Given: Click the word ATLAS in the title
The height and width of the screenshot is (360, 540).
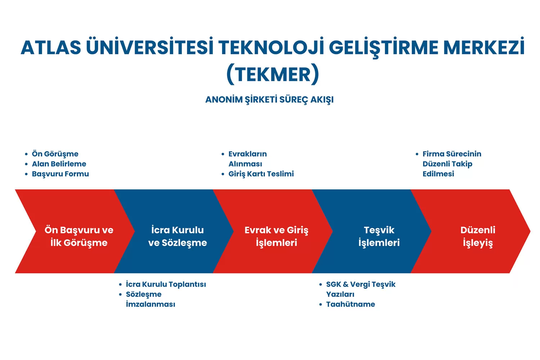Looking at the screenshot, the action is [51, 47].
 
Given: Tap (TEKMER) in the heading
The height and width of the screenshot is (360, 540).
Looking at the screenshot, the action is [273, 74].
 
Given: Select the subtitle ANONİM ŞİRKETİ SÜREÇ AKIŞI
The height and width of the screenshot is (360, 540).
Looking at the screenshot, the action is [269, 100].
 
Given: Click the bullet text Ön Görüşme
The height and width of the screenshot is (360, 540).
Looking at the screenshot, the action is [55, 154].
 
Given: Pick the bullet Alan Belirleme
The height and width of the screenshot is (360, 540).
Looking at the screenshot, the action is [59, 164].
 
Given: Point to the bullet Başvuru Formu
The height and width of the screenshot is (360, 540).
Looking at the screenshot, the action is [60, 174].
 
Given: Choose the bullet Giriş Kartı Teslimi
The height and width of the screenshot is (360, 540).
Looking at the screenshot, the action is [261, 174].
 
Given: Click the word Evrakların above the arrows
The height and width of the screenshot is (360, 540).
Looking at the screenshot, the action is [248, 154].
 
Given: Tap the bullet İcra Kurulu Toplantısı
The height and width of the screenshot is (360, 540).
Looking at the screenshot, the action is [166, 284].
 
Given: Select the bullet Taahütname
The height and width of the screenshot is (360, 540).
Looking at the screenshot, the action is [351, 304].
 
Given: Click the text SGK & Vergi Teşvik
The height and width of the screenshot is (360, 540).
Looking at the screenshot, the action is [361, 284].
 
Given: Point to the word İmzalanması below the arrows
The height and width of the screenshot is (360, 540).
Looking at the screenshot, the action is [150, 304].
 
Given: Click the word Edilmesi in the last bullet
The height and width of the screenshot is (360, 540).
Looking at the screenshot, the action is [438, 174].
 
